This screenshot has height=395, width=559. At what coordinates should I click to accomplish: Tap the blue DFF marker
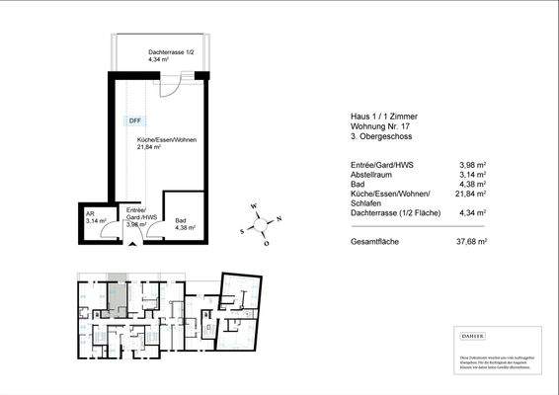coord(134,121)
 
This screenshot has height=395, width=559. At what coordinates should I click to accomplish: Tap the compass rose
coord(262,222)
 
